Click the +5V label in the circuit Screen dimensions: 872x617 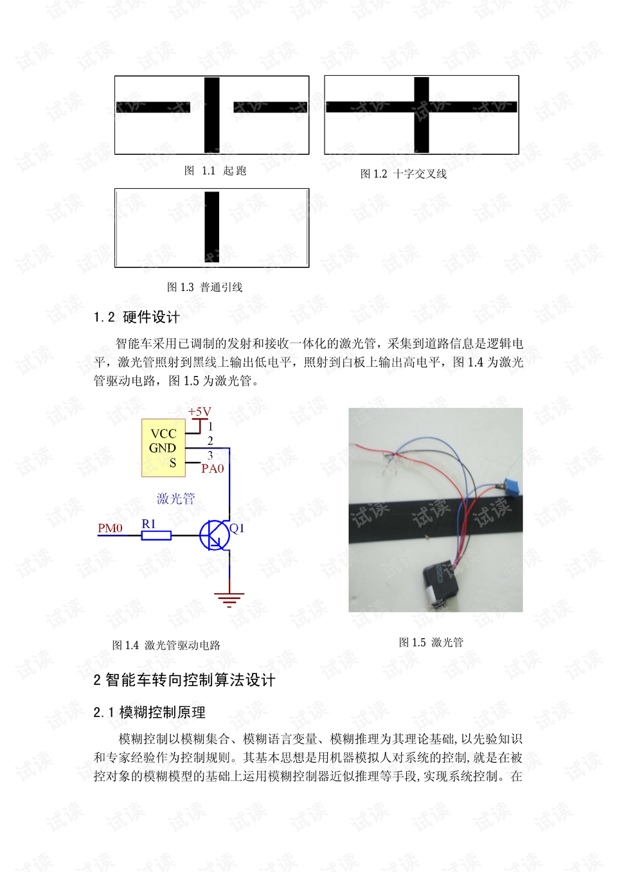click(x=199, y=412)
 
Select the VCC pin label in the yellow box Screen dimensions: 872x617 click(x=163, y=434)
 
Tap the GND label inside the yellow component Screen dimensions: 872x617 click(x=162, y=448)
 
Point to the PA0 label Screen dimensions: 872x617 click(x=212, y=468)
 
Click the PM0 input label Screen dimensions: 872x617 click(x=110, y=528)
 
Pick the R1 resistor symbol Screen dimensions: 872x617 click(x=156, y=535)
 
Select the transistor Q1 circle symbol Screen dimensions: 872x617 click(x=214, y=535)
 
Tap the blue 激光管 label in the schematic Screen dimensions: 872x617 click(x=175, y=499)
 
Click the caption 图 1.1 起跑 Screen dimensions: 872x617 click(x=215, y=171)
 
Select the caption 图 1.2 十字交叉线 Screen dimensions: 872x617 click(x=403, y=174)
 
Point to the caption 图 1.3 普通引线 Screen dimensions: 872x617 click(x=204, y=287)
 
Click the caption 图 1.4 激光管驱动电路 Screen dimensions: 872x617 click(x=166, y=645)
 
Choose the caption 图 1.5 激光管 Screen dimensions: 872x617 click(x=431, y=643)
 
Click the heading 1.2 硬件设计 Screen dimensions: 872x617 click(x=136, y=317)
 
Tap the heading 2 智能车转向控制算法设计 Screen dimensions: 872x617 click(x=184, y=681)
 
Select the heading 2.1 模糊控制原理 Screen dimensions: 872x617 click(x=149, y=713)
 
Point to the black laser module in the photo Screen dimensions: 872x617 click(x=440, y=583)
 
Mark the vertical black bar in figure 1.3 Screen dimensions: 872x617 click(x=211, y=227)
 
